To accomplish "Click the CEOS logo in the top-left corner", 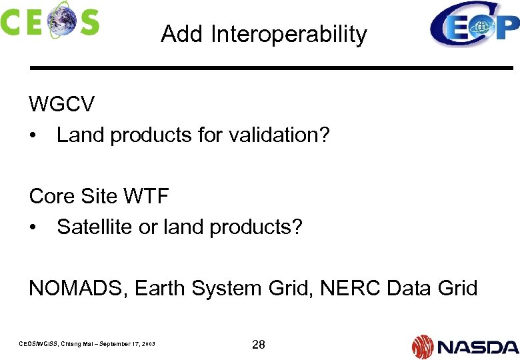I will (49, 20).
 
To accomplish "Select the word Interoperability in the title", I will (289, 34).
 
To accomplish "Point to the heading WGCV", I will (61, 104).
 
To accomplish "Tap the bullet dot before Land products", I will (33, 135).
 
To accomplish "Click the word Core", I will (51, 196).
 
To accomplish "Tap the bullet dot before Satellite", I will (33, 227).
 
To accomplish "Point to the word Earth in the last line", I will (160, 288).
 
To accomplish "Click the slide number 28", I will (258, 344).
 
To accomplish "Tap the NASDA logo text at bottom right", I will (477, 346).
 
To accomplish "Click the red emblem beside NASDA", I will (423, 346).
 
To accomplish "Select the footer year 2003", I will (148, 344).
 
